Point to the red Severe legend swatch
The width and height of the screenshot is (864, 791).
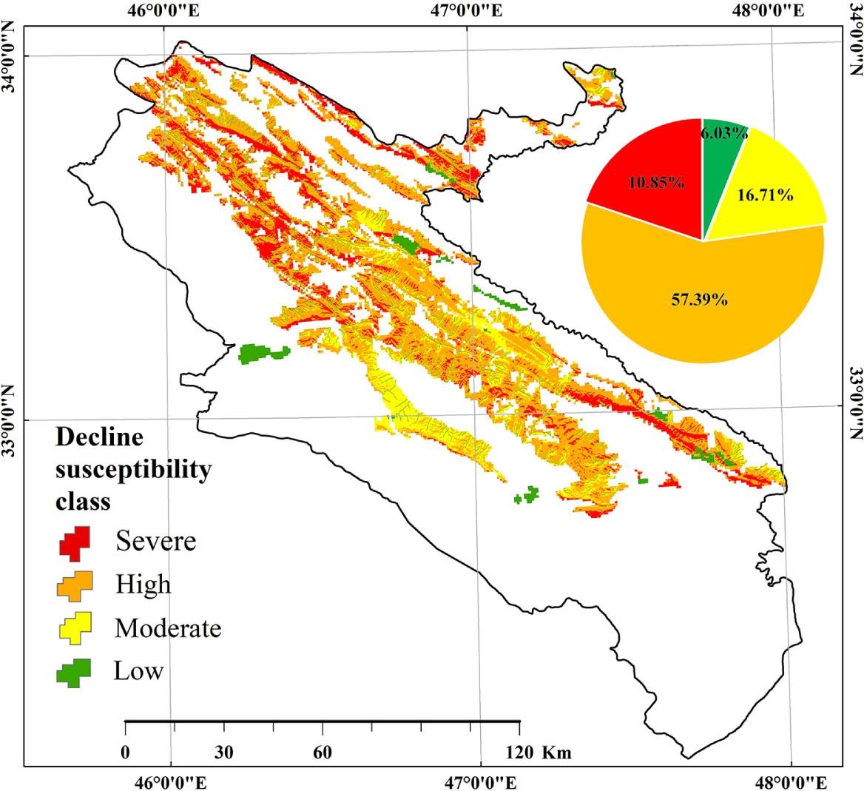pos(74,542)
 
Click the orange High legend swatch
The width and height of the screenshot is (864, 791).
pos(74,585)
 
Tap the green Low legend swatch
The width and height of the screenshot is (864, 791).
pos(74,671)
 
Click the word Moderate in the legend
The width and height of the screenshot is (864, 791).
pos(168,628)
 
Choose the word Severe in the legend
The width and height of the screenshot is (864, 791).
pos(156,541)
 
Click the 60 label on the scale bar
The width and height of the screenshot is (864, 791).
pos(323,753)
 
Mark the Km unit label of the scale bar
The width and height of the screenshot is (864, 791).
pos(556,753)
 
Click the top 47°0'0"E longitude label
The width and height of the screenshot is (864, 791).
pos(468,11)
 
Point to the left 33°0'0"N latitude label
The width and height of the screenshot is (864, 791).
pos(11,420)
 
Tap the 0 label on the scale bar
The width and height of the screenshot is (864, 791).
pos(126,753)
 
